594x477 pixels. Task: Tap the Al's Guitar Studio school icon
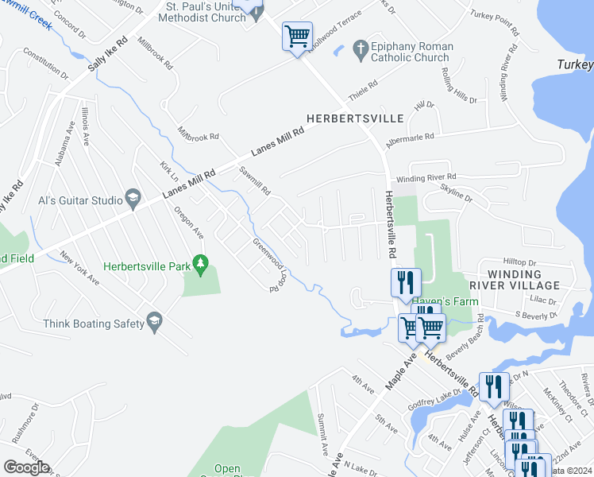(133, 199)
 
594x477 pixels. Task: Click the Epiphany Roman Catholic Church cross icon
(361, 48)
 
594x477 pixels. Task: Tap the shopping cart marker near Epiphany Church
(297, 36)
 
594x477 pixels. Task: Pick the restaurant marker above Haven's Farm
(406, 282)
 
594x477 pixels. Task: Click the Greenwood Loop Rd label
(269, 265)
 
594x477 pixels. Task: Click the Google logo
(26, 467)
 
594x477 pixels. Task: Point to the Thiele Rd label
(361, 94)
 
